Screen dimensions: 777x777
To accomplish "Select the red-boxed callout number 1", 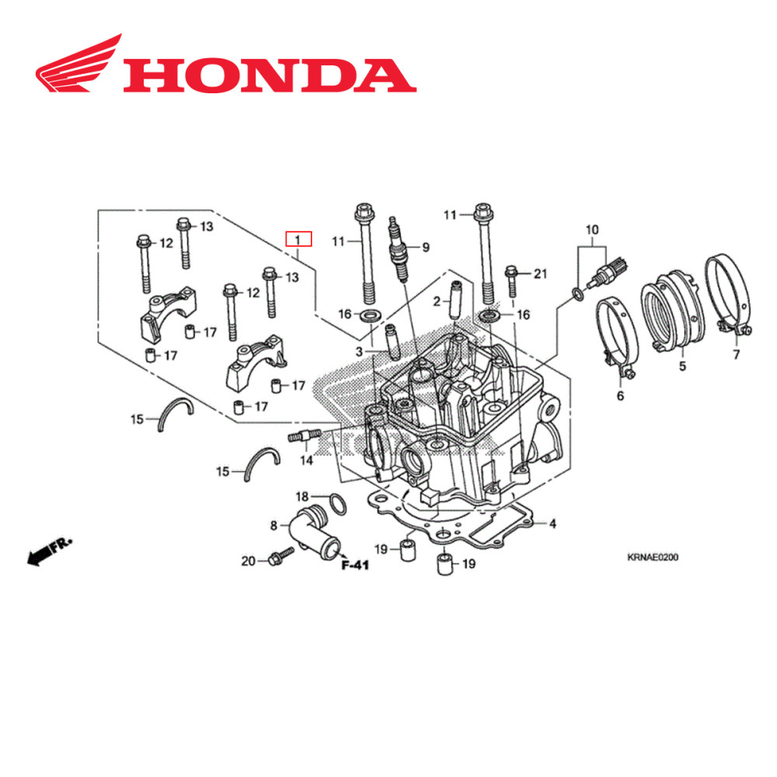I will (x=298, y=239).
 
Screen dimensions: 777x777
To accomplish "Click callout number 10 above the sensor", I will (x=592, y=230).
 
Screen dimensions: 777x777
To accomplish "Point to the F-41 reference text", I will (x=355, y=566).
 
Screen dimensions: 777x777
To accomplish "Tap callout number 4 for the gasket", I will (x=552, y=524).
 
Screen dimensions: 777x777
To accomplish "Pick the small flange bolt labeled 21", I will (x=512, y=279).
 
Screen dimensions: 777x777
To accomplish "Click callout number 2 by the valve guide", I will (x=437, y=301).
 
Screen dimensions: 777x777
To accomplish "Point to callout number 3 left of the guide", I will (x=360, y=352).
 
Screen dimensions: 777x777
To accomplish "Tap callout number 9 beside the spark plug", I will (x=425, y=247).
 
